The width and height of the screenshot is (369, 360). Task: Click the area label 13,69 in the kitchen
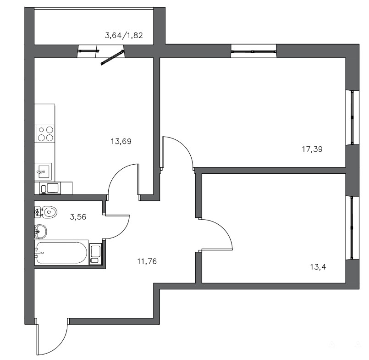[121, 142]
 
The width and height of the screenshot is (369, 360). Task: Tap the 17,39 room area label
[312, 150]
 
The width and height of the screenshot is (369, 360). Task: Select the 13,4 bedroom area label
[318, 267]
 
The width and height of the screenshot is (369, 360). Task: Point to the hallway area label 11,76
[147, 261]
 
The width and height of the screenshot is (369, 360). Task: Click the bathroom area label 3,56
[78, 217]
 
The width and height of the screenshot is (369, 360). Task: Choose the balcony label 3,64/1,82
[124, 36]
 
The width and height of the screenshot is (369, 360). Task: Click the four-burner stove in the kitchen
[45, 134]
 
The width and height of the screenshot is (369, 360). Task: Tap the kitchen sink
[43, 171]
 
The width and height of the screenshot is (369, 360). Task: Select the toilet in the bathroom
[46, 212]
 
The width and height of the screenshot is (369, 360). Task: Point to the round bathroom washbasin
[40, 231]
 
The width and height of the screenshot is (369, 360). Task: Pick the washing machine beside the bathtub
[95, 254]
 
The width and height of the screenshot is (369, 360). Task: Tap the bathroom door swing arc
[123, 232]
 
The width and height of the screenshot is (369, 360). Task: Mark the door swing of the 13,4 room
[226, 231]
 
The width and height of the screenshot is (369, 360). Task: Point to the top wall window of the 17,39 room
[253, 51]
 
